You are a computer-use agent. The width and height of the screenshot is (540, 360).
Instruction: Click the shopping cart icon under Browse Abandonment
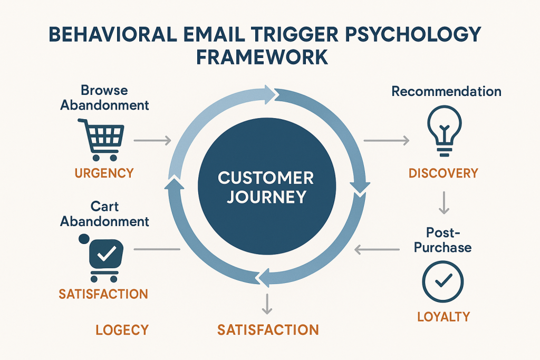tap(101, 139)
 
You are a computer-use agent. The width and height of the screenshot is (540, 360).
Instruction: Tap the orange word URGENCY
tap(104, 173)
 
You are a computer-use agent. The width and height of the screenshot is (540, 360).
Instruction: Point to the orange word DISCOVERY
tap(443, 173)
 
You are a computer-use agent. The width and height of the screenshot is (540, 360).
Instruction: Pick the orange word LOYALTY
tap(443, 316)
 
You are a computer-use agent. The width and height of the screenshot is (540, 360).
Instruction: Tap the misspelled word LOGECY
tap(122, 330)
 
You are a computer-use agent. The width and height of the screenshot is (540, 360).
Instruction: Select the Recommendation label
tap(446, 91)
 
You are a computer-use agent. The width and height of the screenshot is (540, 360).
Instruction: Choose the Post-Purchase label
tap(443, 239)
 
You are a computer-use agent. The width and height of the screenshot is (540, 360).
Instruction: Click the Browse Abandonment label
tap(104, 98)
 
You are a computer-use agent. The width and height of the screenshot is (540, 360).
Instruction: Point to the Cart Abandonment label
tap(104, 213)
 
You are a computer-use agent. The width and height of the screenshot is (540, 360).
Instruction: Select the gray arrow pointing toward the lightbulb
tap(387, 140)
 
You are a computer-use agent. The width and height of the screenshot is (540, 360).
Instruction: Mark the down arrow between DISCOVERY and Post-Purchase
tap(443, 203)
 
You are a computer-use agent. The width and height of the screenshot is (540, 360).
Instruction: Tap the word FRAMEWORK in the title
tap(262, 57)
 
